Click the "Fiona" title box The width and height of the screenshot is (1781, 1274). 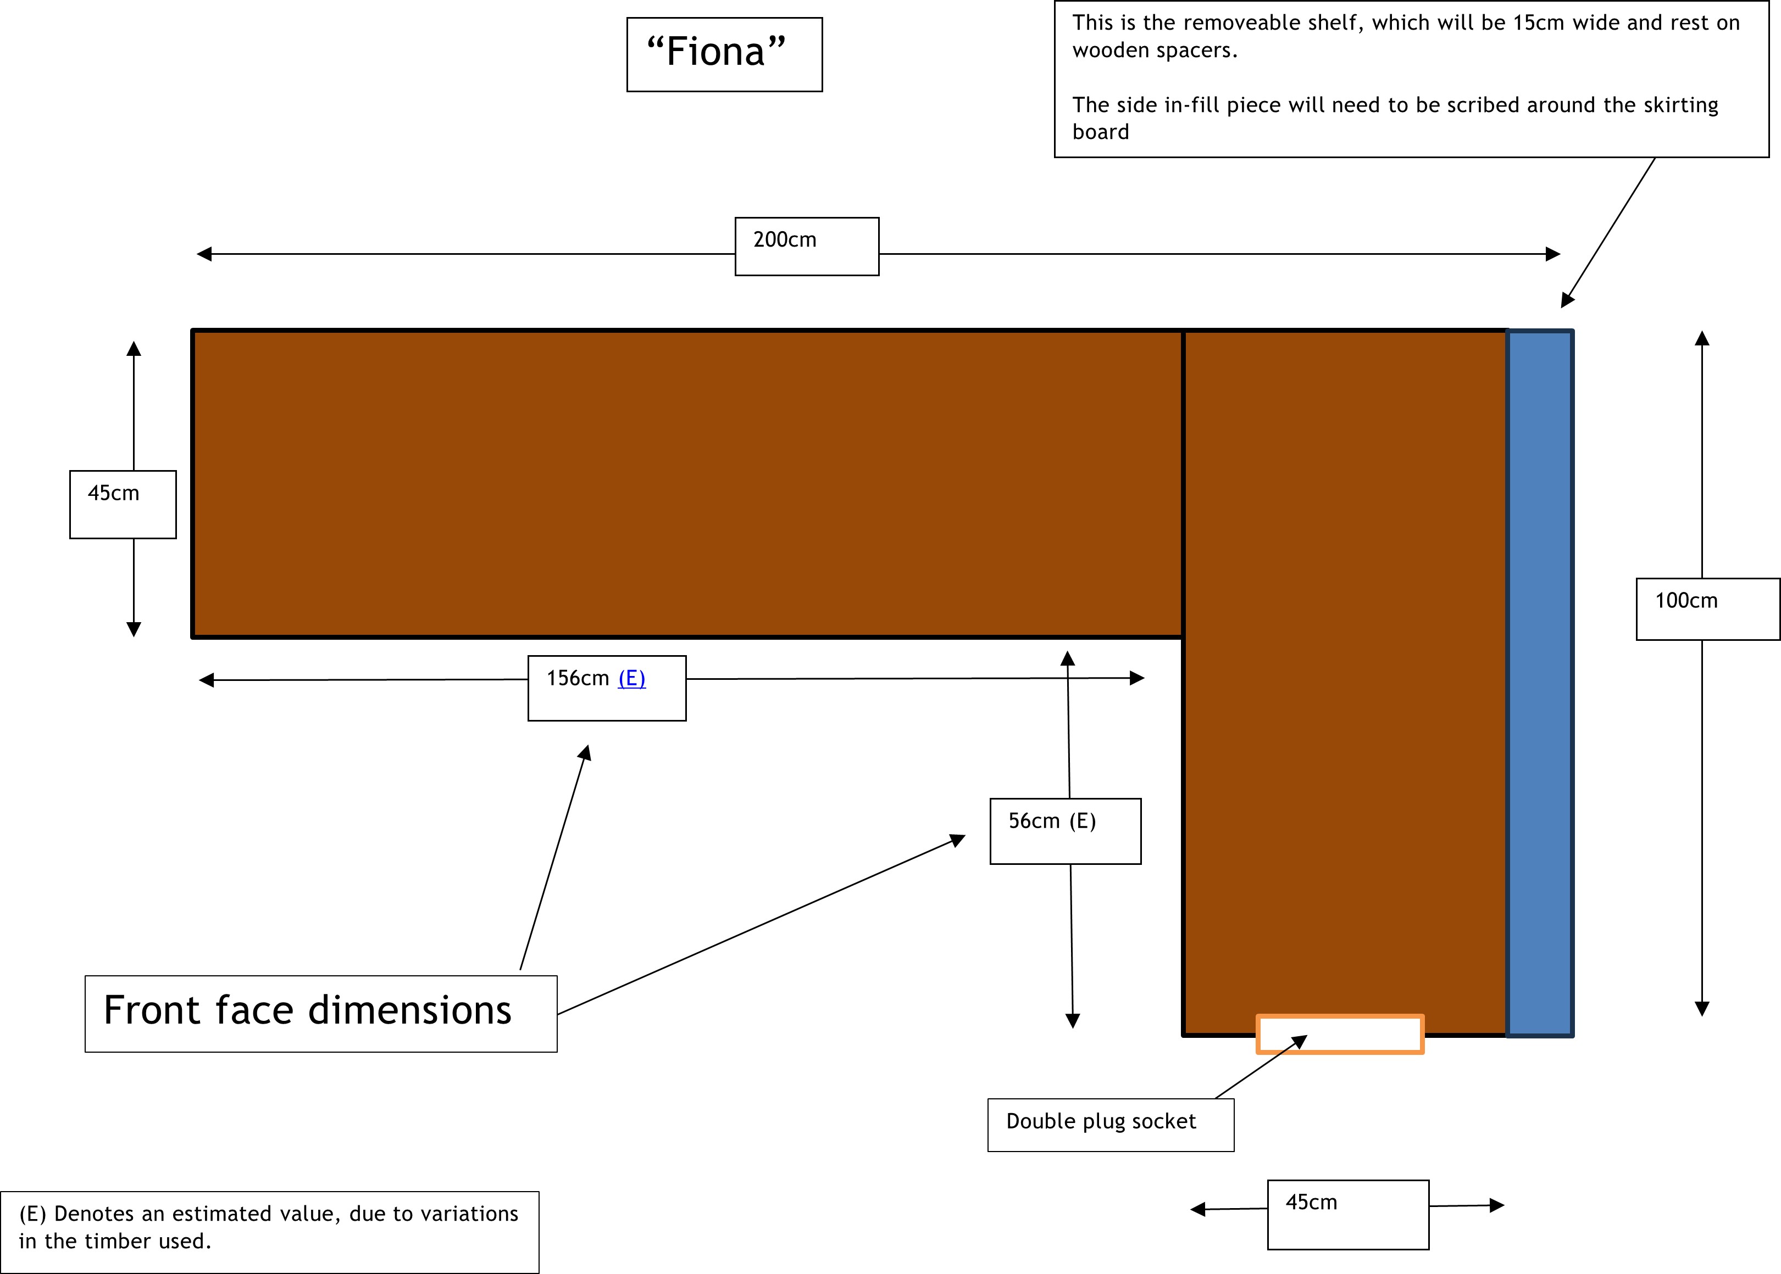tap(724, 54)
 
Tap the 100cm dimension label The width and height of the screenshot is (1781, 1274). tap(1707, 609)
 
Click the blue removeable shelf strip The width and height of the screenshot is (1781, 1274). tap(1540, 683)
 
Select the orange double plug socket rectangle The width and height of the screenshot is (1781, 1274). tap(1340, 1034)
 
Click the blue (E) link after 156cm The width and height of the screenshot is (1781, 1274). tap(632, 679)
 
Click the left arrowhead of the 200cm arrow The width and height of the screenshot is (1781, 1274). tap(204, 254)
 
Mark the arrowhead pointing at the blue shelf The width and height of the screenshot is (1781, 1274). tap(1567, 300)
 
